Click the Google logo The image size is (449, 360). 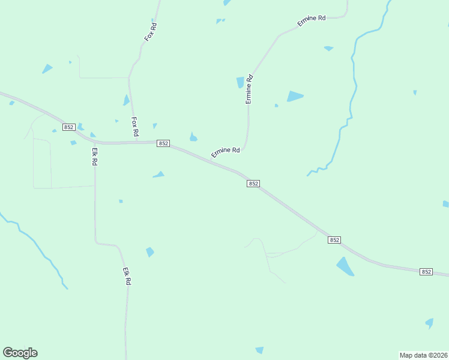pos(20,353)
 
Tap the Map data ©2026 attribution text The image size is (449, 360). pos(423,355)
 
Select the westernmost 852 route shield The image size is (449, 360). pos(68,127)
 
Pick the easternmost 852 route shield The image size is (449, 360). pos(426,272)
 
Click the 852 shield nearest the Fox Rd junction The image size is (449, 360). pos(163,143)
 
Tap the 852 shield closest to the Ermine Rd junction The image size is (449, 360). pos(253,184)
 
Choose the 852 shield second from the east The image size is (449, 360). pos(334,240)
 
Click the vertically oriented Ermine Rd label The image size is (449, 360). pos(249,89)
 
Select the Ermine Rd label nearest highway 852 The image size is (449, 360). pos(226,153)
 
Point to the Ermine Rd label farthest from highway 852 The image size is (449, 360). pos(311,22)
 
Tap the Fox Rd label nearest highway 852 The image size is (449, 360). pos(135,125)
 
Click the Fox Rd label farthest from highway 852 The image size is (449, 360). pos(151,32)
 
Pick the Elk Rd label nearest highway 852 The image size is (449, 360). pos(94,157)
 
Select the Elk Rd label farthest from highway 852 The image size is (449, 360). pos(127,276)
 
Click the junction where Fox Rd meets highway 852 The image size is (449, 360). pos(132,143)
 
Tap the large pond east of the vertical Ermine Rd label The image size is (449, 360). pos(294,96)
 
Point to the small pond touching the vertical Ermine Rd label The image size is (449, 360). pos(241,82)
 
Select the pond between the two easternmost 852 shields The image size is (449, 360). pos(345,266)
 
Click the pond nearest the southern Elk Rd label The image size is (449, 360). pos(149,252)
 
